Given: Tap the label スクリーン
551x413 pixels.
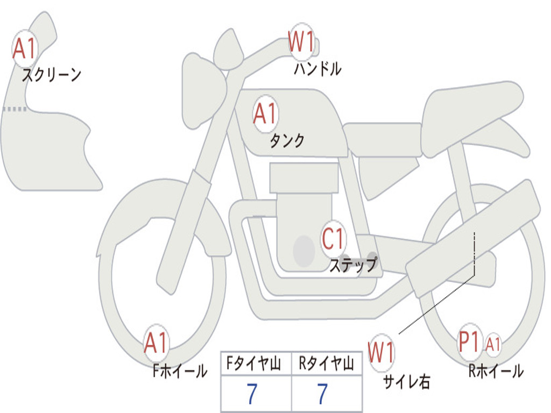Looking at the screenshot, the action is pos(51,75).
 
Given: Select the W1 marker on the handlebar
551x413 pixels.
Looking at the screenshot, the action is pos(301,42).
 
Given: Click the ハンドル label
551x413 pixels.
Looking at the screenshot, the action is pos(317,69).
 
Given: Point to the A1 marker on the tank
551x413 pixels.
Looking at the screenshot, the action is pos(265,114).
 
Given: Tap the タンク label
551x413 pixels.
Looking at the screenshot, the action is pos(287,141).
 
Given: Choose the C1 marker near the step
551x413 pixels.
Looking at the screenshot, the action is pos(333,238).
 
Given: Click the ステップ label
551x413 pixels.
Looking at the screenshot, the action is pos(353,265).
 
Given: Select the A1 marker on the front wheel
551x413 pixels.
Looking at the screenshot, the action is pos(157,343).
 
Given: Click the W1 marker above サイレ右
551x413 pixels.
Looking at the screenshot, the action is pos(381,353).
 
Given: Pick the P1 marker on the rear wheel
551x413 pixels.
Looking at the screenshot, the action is pos(469,343).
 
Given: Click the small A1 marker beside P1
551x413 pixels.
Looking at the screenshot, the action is pos(493,344).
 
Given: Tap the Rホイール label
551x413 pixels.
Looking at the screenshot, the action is pos(496,371).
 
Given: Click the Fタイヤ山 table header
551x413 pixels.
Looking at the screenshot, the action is pos(256,365).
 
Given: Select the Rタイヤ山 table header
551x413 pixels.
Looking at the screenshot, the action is pos(327,365).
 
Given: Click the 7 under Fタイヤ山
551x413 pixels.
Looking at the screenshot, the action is pos(252,394).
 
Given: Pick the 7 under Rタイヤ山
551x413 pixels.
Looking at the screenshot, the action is pos(322,394).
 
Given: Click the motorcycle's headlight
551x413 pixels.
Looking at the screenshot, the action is pos(203,90).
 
